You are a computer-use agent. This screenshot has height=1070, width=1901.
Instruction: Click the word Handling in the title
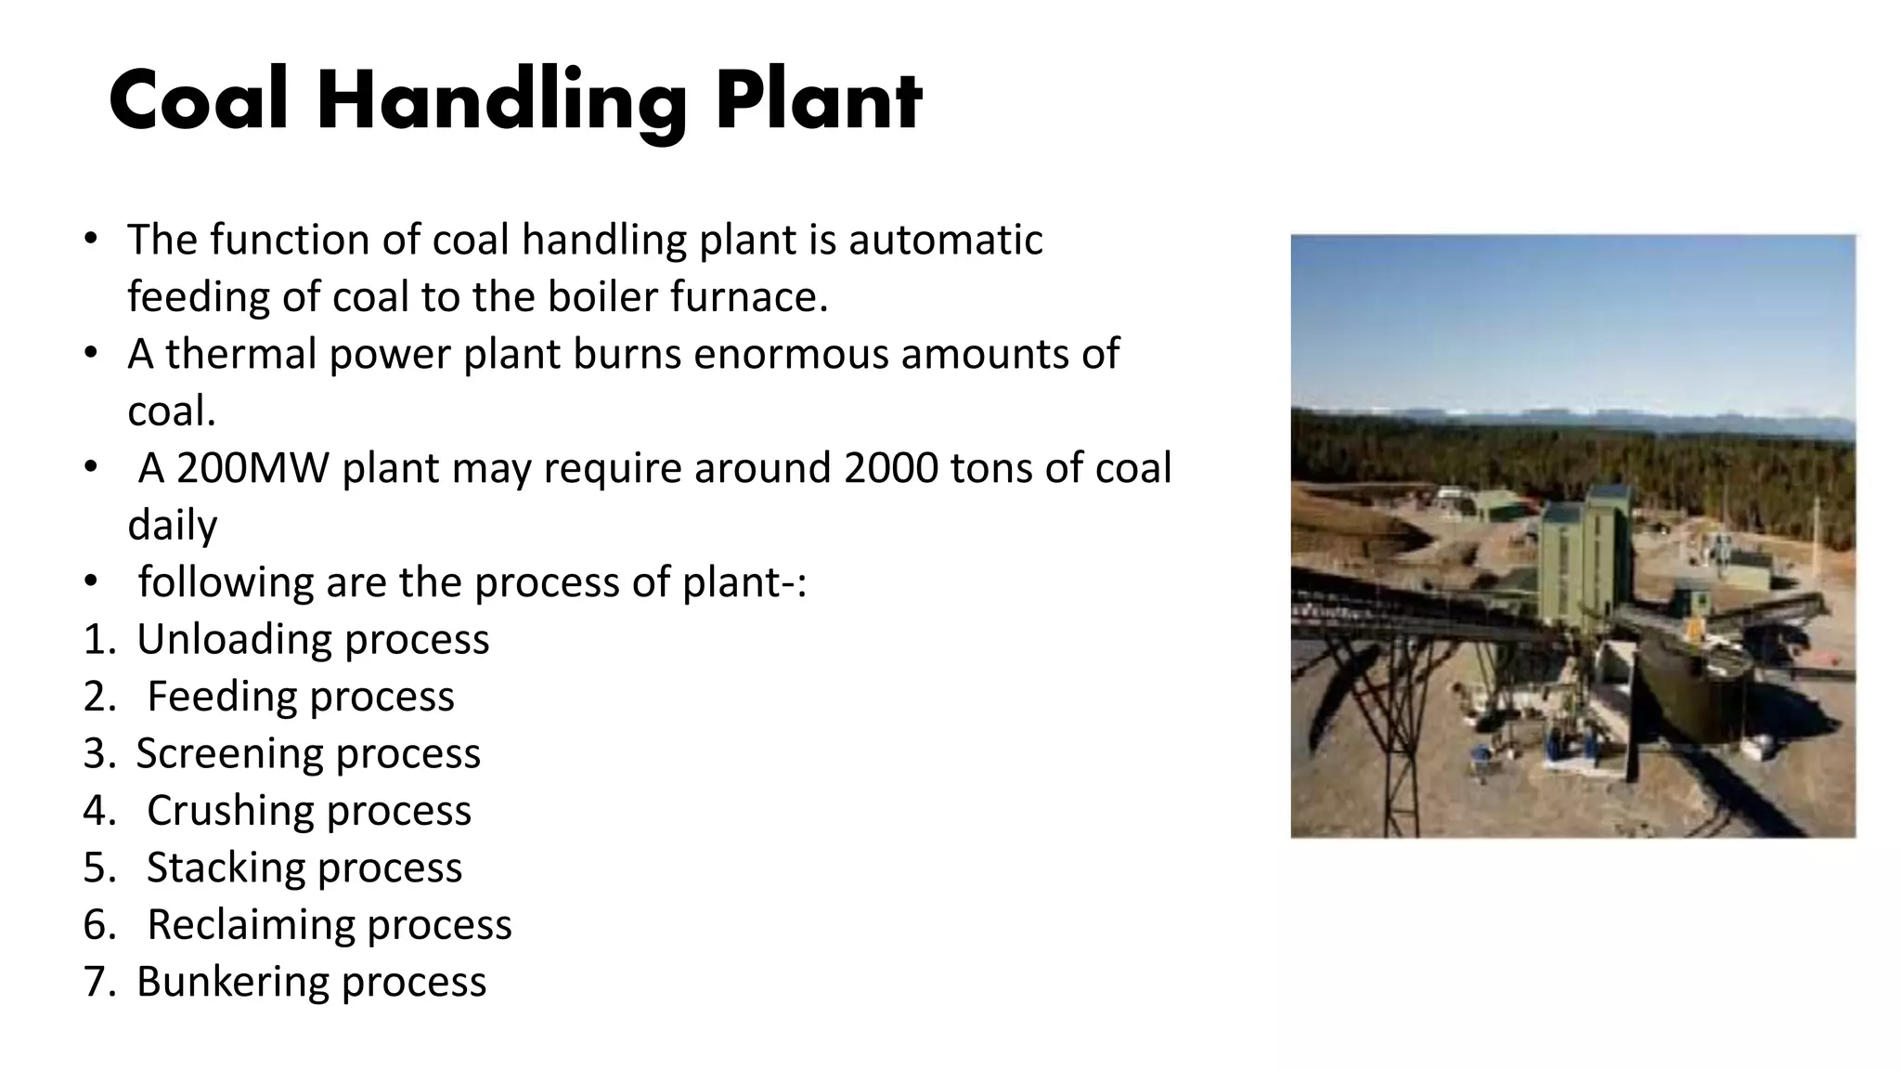tap(501, 102)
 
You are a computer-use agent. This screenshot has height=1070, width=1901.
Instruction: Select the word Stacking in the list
tap(226, 868)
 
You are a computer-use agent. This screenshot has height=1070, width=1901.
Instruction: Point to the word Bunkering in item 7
tap(232, 982)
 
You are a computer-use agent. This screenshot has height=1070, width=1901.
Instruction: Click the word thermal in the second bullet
tap(240, 354)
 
